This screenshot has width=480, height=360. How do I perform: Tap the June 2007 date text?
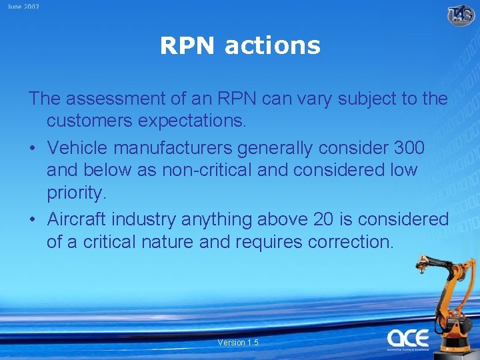pyautogui.click(x=23, y=7)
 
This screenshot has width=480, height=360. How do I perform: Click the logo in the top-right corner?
pyautogui.click(x=461, y=15)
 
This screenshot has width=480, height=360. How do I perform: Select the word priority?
pyautogui.click(x=76, y=194)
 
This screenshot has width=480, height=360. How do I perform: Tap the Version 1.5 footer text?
pyautogui.click(x=238, y=343)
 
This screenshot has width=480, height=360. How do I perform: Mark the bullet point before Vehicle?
pyautogui.click(x=33, y=147)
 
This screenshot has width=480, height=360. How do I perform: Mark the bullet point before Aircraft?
pyautogui.click(x=33, y=219)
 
